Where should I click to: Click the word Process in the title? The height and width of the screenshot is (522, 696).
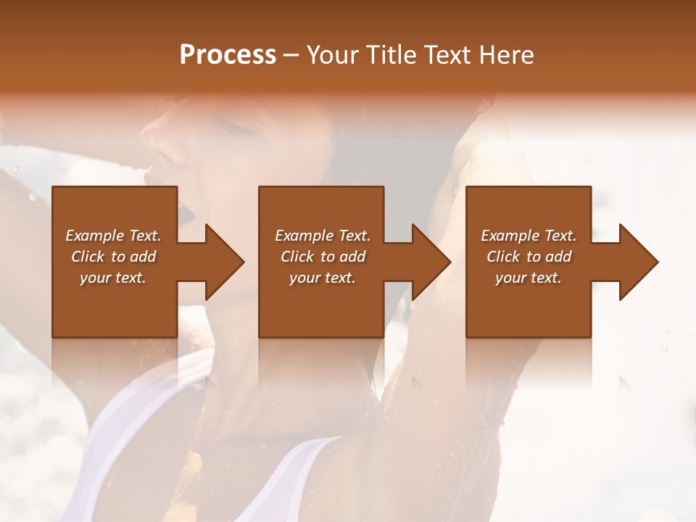[x=228, y=55]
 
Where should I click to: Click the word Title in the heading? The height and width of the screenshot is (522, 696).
[x=389, y=55]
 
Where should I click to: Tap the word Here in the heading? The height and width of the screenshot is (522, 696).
[x=506, y=55]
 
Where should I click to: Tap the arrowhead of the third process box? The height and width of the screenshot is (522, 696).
[x=637, y=262]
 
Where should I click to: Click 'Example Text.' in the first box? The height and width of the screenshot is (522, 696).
[x=113, y=236]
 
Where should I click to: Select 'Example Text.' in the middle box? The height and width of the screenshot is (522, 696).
[x=322, y=236]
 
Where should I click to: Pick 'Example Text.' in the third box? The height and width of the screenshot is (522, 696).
[x=529, y=236]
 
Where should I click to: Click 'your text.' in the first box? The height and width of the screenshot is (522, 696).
[x=113, y=278]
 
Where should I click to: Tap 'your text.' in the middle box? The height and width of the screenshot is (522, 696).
[x=322, y=278]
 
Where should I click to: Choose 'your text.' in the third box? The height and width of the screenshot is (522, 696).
[x=529, y=278]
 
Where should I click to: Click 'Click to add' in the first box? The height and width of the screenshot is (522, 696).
[x=113, y=257]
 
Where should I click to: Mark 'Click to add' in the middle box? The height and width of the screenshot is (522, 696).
[x=322, y=257]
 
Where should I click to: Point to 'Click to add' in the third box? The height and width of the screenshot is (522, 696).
[x=529, y=257]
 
